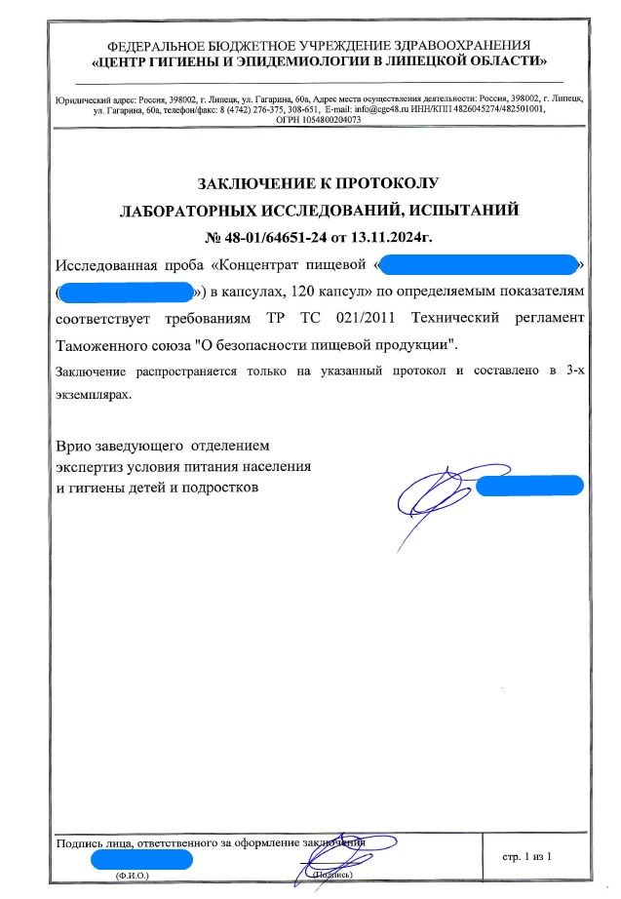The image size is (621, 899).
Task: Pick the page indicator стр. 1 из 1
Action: tap(527, 856)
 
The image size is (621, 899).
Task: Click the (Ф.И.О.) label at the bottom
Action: tap(131, 876)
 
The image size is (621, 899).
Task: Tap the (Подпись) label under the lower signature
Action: tap(330, 876)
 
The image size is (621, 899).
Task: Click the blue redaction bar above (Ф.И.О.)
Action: tap(141, 859)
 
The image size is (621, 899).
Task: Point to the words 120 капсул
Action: tap(329, 292)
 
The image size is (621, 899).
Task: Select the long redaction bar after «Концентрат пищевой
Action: tap(478, 264)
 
